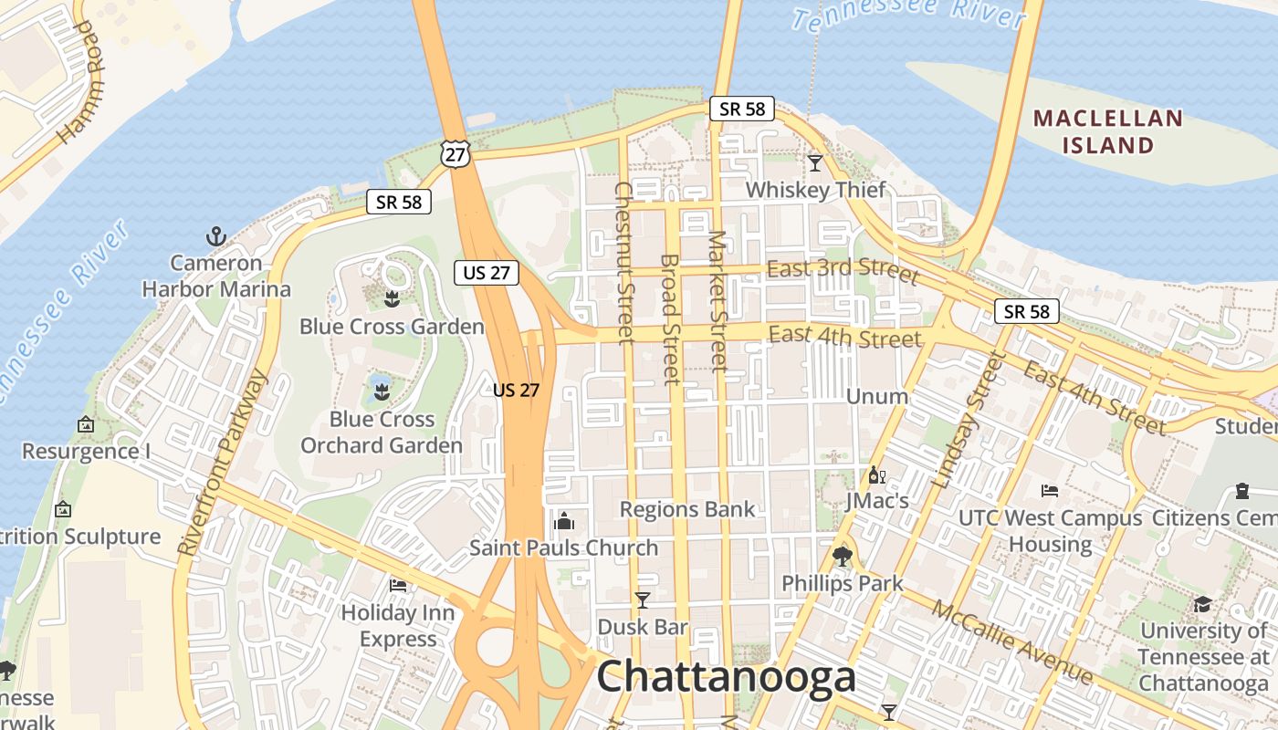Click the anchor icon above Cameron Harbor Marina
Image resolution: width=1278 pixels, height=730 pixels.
[x=215, y=237]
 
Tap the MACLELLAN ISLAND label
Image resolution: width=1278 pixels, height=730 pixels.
[x=1108, y=131]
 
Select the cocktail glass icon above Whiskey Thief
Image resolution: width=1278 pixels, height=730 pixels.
[x=815, y=163]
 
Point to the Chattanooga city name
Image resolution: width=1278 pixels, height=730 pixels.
[x=726, y=677]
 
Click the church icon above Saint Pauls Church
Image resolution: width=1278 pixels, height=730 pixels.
[x=563, y=521]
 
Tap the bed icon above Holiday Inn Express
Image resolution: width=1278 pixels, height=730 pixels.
[x=397, y=585]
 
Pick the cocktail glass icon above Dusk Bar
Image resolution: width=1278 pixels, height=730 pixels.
[x=643, y=600]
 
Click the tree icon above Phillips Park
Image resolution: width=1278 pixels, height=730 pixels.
[x=842, y=556]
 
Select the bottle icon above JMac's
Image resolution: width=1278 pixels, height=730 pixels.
[x=876, y=474]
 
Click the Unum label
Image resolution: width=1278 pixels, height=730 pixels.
[x=877, y=396]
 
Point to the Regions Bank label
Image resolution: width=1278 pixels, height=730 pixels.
[x=687, y=509]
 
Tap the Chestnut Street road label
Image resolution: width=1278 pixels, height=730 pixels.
[x=624, y=263]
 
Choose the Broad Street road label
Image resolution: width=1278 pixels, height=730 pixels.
[x=670, y=319]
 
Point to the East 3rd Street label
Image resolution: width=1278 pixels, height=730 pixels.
[x=843, y=270]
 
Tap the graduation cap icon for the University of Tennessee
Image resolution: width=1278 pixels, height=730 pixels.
[x=1203, y=605]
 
